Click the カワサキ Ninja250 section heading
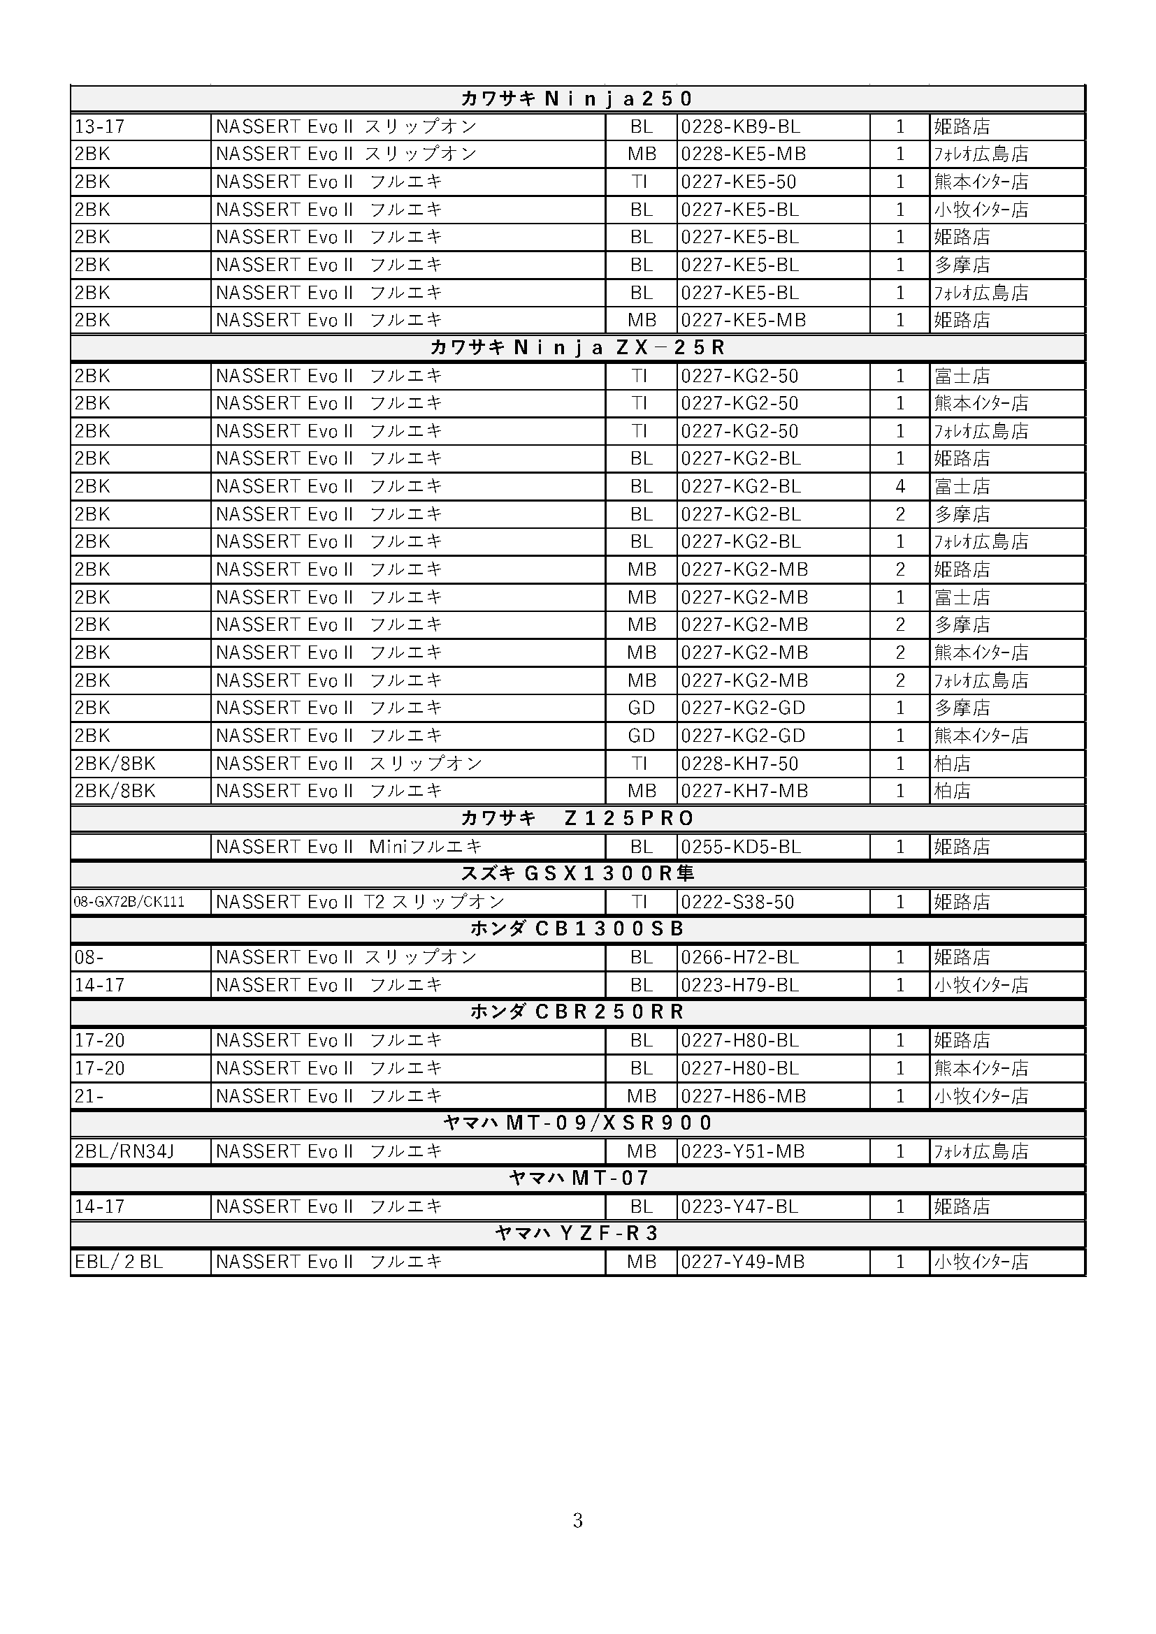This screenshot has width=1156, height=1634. [x=577, y=99]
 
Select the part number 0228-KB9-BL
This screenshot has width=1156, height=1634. [x=740, y=126]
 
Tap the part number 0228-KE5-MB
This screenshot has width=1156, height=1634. [x=743, y=154]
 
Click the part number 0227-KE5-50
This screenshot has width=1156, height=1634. [x=738, y=182]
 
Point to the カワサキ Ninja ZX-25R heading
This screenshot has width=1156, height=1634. [x=577, y=347]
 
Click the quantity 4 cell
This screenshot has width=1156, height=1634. [x=899, y=486]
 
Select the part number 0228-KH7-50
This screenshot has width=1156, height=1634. [x=739, y=764]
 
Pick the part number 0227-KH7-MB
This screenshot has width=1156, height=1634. [x=744, y=791]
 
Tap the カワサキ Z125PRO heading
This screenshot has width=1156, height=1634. [x=577, y=819]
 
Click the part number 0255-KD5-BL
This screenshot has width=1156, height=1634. [x=740, y=847]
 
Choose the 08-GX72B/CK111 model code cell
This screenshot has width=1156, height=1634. [x=129, y=902]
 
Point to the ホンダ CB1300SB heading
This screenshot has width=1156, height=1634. [x=577, y=928]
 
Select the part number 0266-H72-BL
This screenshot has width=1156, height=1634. [x=739, y=957]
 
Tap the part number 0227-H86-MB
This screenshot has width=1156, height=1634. [x=743, y=1096]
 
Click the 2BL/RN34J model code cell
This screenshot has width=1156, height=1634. [x=124, y=1151]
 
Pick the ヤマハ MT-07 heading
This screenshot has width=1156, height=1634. [x=578, y=1178]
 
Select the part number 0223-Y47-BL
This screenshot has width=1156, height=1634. [x=739, y=1206]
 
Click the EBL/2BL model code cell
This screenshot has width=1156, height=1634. [x=119, y=1262]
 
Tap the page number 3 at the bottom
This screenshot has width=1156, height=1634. [x=577, y=1521]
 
